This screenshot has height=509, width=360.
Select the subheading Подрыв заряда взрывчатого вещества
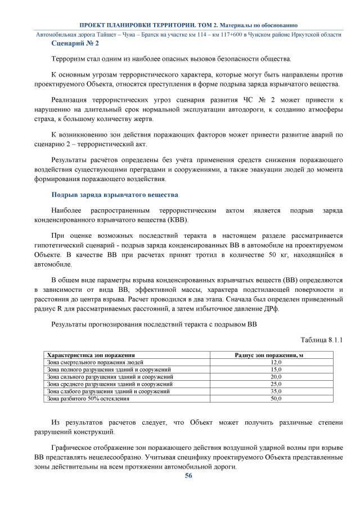115,195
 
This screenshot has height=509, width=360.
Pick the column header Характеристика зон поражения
91,355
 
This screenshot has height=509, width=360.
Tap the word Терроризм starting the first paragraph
69,58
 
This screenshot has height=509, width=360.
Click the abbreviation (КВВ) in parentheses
177,219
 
